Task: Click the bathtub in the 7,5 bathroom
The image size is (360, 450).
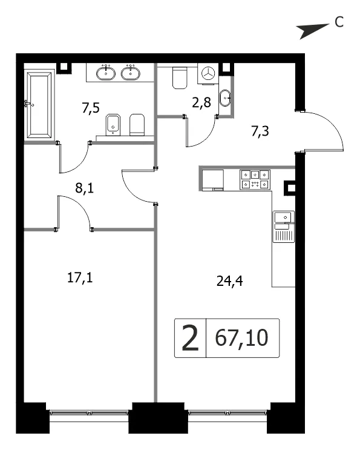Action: tap(39, 104)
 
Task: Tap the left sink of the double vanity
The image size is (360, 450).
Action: tap(106, 73)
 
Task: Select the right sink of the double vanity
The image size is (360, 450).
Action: tap(131, 73)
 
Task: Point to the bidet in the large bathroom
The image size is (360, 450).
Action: tap(113, 125)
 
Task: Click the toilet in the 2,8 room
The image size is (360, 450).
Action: tap(180, 78)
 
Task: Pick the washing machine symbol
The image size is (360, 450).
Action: tap(208, 73)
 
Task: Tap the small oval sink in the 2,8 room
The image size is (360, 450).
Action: tap(225, 98)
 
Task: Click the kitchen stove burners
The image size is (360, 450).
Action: tap(255, 179)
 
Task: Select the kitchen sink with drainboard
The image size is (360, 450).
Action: tap(284, 227)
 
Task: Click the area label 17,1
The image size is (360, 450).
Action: tap(80, 278)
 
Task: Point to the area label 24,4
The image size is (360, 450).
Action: tap(229, 281)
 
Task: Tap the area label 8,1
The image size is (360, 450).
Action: tap(85, 188)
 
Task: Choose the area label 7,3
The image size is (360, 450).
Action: tap(260, 131)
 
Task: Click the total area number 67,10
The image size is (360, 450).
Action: tap(241, 338)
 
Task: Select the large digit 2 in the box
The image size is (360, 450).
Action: tap(190, 339)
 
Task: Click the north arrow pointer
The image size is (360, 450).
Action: tap(312, 30)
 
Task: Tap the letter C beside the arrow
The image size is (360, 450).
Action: tap(339, 22)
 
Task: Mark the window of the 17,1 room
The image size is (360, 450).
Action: tap(89, 414)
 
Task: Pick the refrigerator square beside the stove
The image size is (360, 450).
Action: tap(213, 179)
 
